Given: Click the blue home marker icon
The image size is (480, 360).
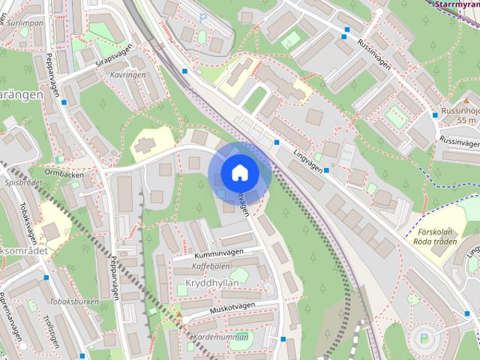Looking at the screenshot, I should click(239, 172).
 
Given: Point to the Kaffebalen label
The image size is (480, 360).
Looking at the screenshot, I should click(211, 266).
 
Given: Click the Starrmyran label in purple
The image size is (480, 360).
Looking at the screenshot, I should click(457, 4).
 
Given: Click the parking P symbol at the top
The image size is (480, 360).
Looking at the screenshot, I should click(202, 16).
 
